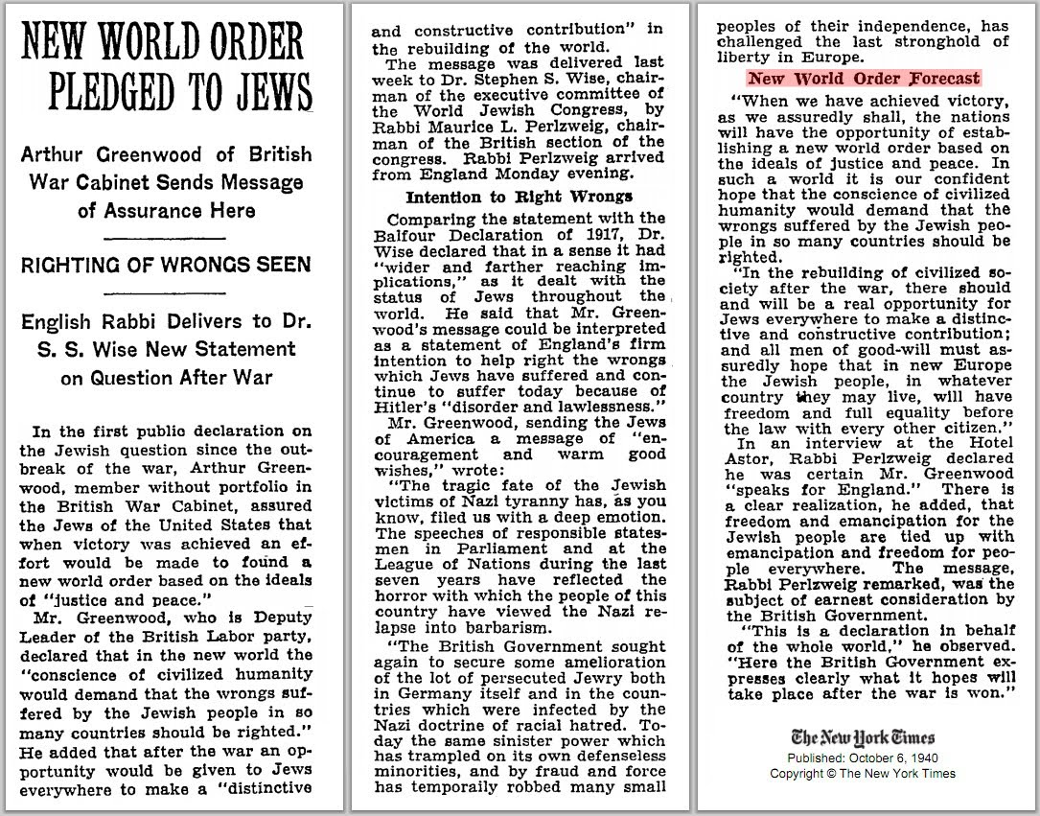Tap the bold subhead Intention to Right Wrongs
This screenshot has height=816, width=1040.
pos(520,198)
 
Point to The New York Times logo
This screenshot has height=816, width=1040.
pos(865,737)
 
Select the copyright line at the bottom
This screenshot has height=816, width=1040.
pos(863,773)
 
